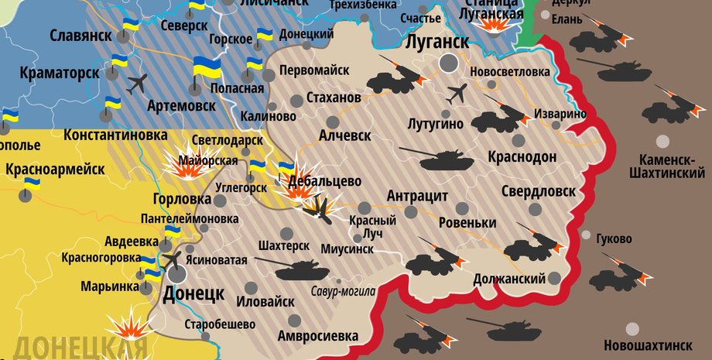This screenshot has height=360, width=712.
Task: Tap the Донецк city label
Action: click(193, 293)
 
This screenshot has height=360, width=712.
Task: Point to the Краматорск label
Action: click(60, 73)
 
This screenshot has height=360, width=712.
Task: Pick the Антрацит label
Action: click(417, 195)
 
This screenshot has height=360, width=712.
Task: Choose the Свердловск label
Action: click(538, 190)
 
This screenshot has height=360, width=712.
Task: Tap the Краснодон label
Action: click(522, 156)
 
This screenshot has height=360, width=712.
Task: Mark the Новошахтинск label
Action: click(648, 344)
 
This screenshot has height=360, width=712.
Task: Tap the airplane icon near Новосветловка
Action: click(457, 94)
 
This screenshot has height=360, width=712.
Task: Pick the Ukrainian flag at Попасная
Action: click(206, 68)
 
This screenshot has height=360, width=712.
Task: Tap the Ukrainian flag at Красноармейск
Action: click(32, 186)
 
